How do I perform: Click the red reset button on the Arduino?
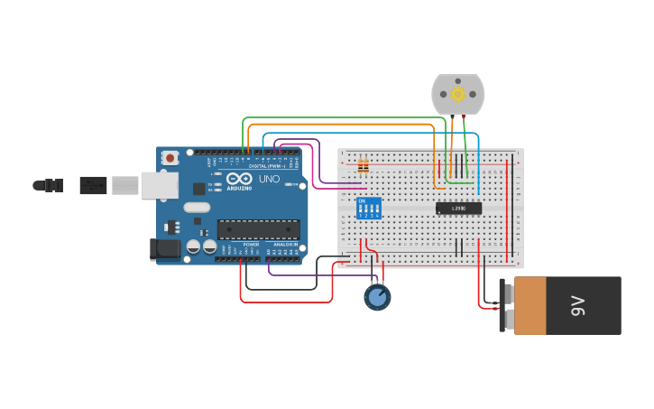(170, 158)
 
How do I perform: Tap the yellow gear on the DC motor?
(457, 94)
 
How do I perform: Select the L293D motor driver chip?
(458, 209)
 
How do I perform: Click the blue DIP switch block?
(369, 209)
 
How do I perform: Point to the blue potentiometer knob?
(377, 296)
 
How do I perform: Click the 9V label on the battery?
(578, 306)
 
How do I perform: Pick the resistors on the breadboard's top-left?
(364, 166)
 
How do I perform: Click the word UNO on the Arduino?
(269, 179)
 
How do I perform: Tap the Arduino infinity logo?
(239, 178)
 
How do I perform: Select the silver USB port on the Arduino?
(159, 185)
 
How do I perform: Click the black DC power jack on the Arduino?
(165, 248)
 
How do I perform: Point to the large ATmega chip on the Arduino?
(258, 229)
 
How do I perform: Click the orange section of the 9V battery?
(530, 306)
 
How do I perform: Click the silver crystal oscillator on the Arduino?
(197, 208)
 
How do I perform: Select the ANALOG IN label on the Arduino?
(284, 244)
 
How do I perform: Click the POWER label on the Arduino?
(252, 244)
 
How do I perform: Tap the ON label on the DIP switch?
(362, 200)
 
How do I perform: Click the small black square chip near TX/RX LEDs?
(198, 188)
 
